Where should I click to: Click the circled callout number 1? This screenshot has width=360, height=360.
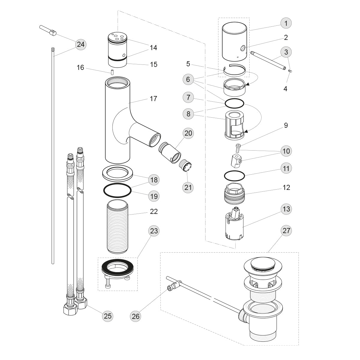286,23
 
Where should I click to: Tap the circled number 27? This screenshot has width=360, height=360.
286,231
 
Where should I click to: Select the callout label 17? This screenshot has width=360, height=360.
153,99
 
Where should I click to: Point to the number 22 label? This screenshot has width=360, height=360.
154,211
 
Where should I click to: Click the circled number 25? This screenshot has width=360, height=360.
108,316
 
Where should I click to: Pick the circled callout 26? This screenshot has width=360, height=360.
136,316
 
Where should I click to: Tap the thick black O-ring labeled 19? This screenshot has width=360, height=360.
117,190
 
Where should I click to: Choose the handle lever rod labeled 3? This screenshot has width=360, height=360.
267,60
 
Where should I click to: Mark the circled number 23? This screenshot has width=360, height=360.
154,231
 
